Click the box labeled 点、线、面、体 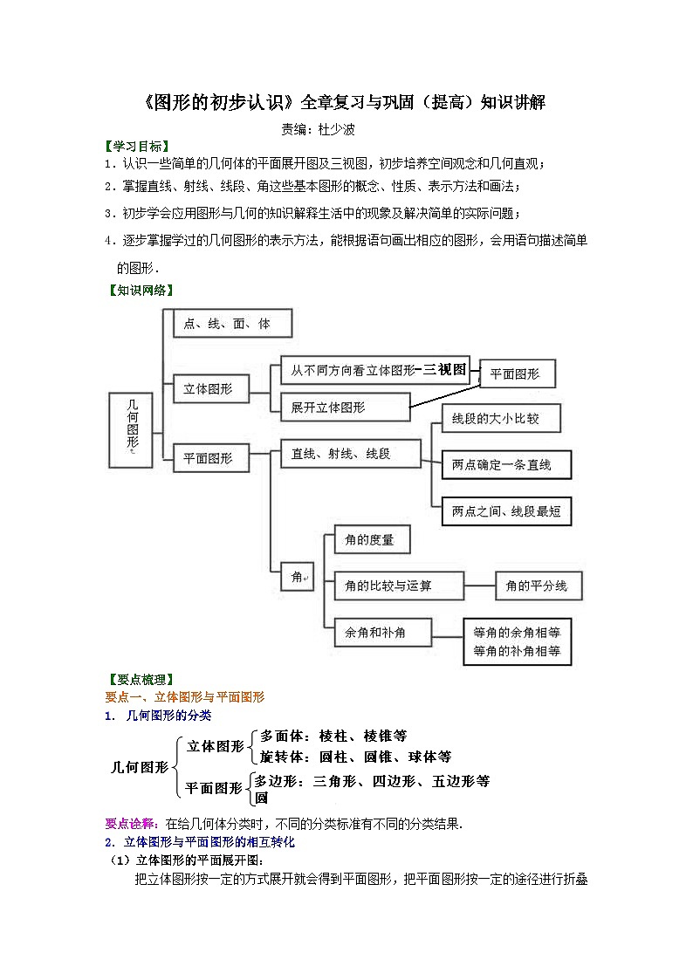tap(232, 324)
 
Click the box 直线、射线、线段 tap(350, 454)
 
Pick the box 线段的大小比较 tap(500, 419)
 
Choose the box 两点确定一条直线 tap(507, 465)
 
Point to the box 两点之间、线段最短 tap(506, 511)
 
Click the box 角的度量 tap(371, 540)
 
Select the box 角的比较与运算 tap(398, 586)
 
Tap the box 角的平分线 tap(538, 586)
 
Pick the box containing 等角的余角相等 tap(517, 641)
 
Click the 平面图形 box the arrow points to tap(518, 373)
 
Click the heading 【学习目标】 tap(137, 146)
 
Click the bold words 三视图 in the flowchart tap(445, 369)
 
